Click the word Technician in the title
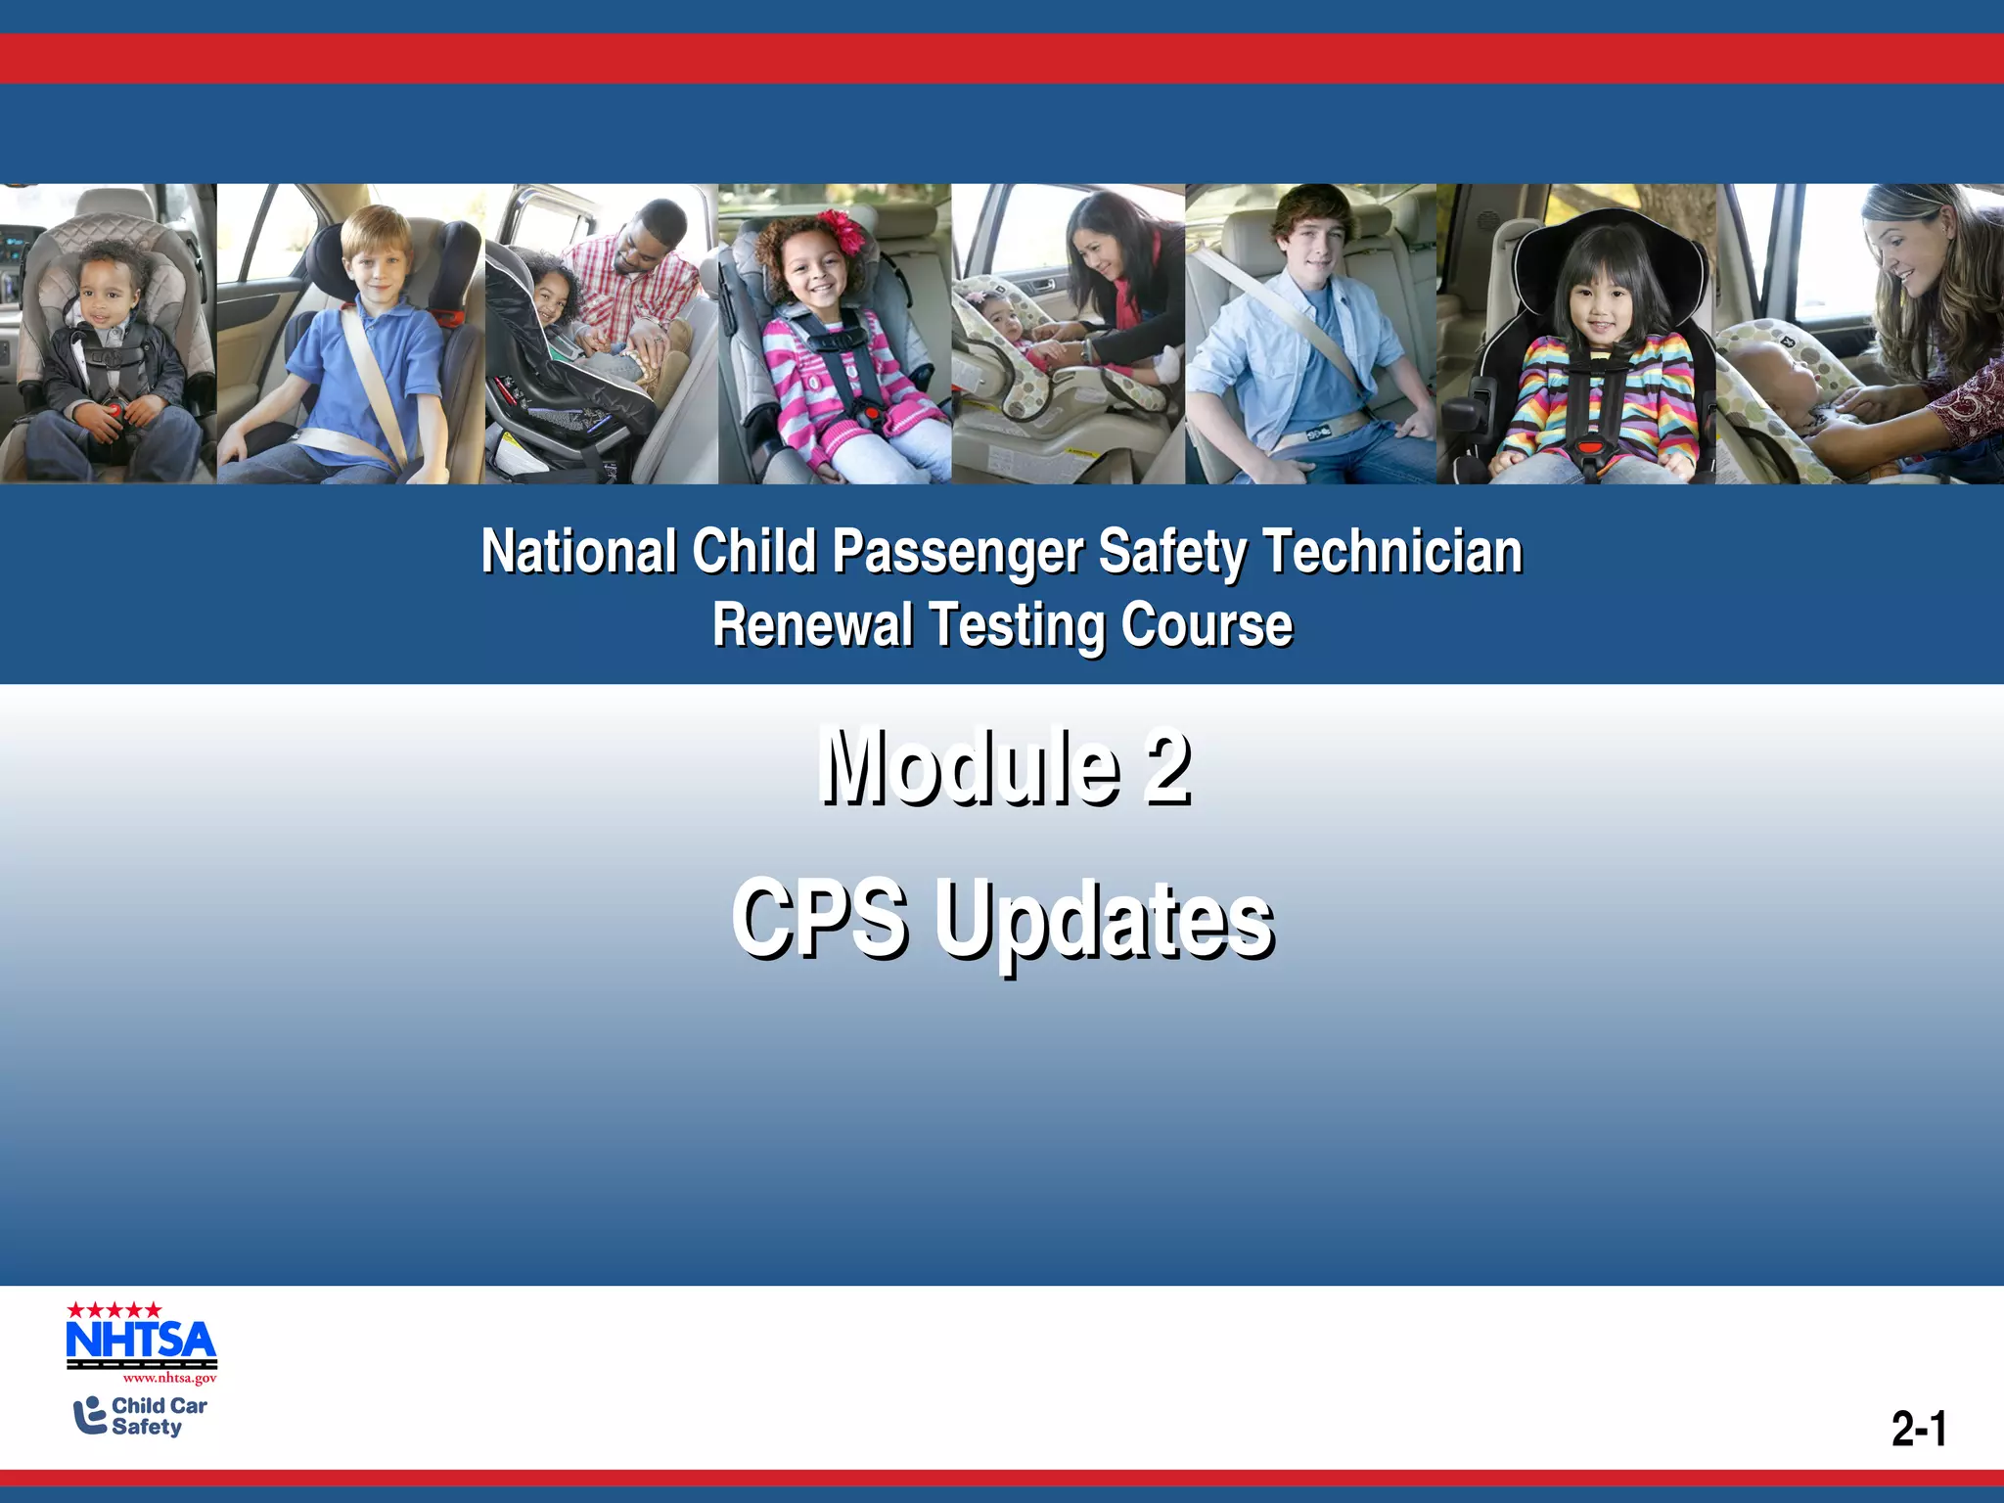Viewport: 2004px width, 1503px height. pos(1392,551)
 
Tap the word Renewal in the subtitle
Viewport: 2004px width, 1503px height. pos(812,625)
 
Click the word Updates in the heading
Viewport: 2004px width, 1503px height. pos(1104,919)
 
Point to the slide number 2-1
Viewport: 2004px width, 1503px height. pos(1918,1429)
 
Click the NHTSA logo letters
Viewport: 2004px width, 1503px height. pos(141,1340)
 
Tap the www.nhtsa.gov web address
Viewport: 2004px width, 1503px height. pos(169,1379)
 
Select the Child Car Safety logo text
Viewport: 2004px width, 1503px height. pos(159,1416)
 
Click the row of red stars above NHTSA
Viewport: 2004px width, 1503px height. pos(114,1309)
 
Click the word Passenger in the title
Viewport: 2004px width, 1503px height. pos(956,551)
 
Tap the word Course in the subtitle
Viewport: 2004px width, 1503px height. pos(1207,625)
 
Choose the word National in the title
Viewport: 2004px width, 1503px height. pos(578,551)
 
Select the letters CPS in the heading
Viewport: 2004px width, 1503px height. pos(818,919)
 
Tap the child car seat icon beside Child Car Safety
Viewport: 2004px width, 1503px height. pos(90,1416)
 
